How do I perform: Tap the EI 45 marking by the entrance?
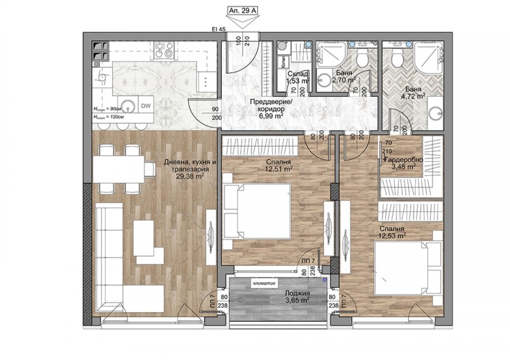[219, 29]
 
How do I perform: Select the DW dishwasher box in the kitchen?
[145, 106]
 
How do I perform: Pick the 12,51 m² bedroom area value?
[279, 169]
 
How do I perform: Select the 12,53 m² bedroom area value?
[393, 235]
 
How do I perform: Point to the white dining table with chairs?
[123, 169]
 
